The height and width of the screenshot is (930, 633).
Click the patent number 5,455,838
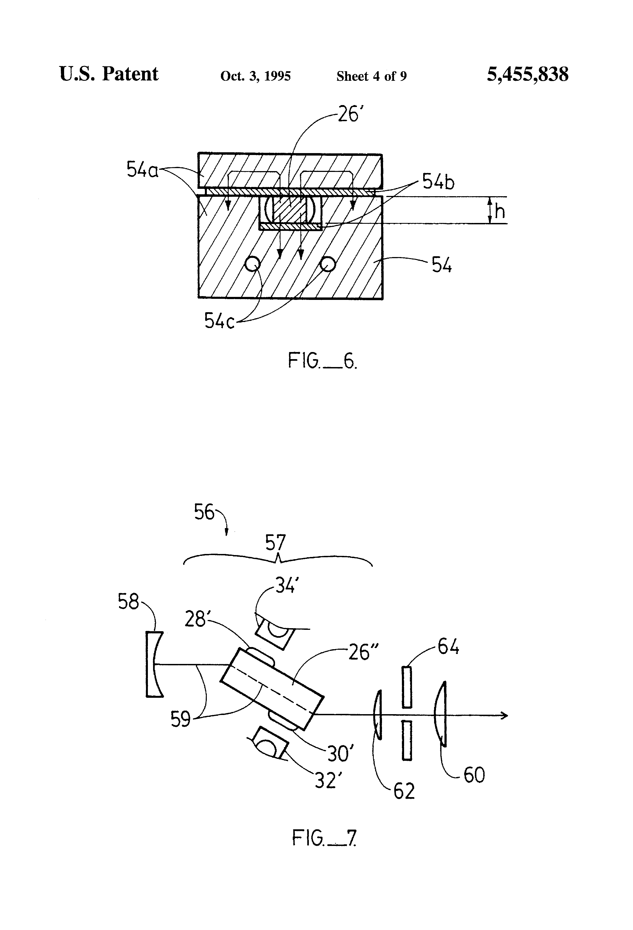click(527, 75)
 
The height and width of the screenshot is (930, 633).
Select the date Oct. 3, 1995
click(255, 76)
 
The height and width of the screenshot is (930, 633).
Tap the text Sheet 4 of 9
click(371, 76)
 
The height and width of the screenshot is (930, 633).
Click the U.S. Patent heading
click(109, 74)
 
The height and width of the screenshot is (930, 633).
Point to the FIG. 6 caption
click(323, 361)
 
